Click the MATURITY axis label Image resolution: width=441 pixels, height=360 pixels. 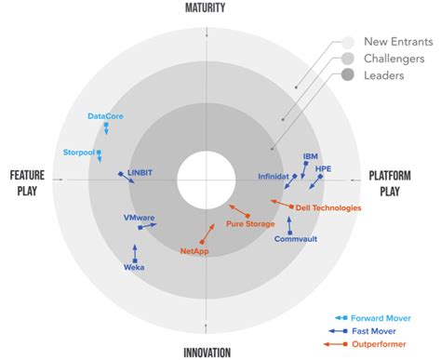point(205,7)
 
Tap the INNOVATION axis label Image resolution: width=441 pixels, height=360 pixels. point(207,352)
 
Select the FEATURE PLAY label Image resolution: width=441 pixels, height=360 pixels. point(29,181)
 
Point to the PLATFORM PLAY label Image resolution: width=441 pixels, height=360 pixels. point(388,181)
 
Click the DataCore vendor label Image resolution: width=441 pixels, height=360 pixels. point(105,116)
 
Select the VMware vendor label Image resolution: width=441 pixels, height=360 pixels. point(139,218)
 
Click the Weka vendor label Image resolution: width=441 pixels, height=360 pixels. point(134,267)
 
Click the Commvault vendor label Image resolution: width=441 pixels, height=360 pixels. point(295,239)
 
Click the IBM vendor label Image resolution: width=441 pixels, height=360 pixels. point(311,156)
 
